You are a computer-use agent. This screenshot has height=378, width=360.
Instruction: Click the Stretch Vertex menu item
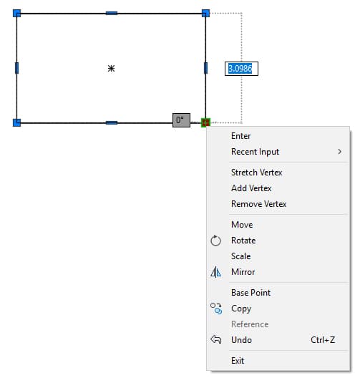tap(256, 173)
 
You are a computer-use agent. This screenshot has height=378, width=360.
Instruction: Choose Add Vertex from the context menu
tap(251, 188)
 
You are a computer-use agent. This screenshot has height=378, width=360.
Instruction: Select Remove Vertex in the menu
tap(258, 204)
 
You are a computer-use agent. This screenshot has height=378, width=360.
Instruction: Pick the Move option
tap(242, 225)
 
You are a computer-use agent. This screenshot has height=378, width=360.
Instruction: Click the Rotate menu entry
tap(243, 241)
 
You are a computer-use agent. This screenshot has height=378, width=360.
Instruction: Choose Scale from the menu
tap(240, 256)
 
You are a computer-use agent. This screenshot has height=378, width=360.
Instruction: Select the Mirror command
tap(243, 272)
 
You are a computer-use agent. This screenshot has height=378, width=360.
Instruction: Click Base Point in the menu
tap(250, 293)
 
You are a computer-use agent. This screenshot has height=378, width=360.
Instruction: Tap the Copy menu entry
tap(241, 309)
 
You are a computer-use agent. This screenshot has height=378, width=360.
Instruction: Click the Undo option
tap(241, 340)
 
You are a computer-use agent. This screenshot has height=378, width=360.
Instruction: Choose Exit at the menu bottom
tap(238, 361)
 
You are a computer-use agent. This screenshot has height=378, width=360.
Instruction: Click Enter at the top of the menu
tap(240, 136)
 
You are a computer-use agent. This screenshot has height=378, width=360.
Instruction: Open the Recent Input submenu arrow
tap(339, 152)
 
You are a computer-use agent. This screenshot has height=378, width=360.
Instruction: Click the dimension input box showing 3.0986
tap(241, 69)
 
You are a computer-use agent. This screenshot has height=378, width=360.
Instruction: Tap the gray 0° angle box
tap(181, 120)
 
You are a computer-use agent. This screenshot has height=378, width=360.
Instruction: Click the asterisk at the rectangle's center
tap(111, 69)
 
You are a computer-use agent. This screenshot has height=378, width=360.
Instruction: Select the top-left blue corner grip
tap(16, 14)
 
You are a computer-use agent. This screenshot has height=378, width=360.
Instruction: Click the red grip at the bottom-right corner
tap(205, 122)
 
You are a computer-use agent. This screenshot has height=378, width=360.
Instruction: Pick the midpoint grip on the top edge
tap(112, 14)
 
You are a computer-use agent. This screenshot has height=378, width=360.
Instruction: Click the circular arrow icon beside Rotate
tap(215, 241)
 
